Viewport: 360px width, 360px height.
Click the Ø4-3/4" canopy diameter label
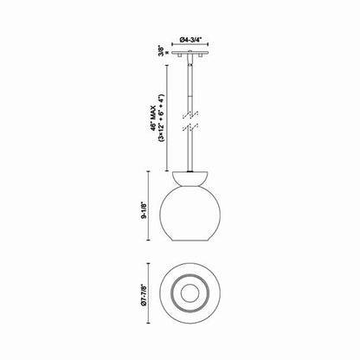pos(194,39)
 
